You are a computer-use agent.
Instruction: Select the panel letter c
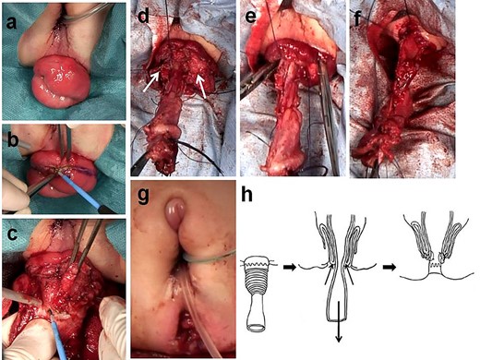click(x=13, y=228)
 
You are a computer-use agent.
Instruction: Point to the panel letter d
click(x=141, y=16)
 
